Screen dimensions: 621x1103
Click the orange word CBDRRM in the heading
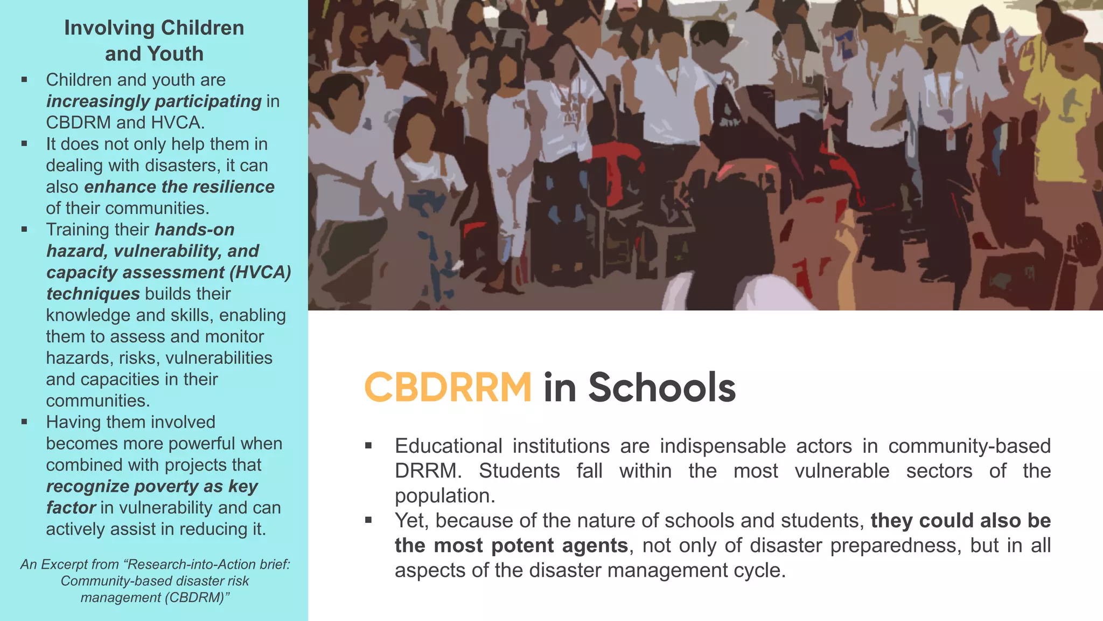(x=448, y=387)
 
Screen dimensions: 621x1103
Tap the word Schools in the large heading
(x=662, y=387)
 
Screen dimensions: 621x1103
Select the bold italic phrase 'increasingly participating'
(x=154, y=101)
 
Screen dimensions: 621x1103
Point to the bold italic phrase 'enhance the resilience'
(x=179, y=187)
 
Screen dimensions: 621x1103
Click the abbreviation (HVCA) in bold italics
(x=260, y=272)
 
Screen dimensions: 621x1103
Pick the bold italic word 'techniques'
(x=93, y=294)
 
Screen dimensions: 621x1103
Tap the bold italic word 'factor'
(x=71, y=508)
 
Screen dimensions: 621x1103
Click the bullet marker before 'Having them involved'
(x=24, y=422)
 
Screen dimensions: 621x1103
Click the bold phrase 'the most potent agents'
(x=511, y=546)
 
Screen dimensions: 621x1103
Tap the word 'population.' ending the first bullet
(x=445, y=495)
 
